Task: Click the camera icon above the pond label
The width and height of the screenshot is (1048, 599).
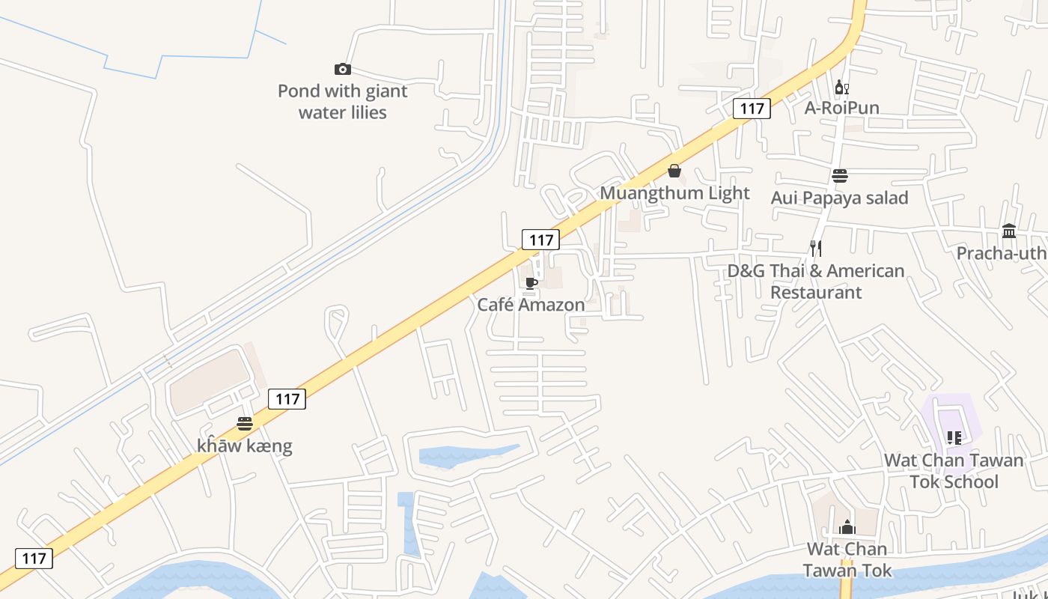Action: pyautogui.click(x=343, y=70)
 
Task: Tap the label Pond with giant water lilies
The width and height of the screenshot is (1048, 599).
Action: pyautogui.click(x=343, y=102)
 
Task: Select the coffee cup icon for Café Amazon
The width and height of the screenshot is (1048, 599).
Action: pyautogui.click(x=531, y=283)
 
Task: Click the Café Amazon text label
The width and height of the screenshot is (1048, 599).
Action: pyautogui.click(x=531, y=305)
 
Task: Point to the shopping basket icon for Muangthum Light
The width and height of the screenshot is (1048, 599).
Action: pyautogui.click(x=674, y=171)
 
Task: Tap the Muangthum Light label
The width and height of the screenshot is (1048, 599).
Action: pyautogui.click(x=674, y=193)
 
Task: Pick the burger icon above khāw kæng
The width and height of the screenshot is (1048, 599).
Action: pyautogui.click(x=245, y=424)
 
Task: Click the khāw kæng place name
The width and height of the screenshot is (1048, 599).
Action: pyautogui.click(x=245, y=446)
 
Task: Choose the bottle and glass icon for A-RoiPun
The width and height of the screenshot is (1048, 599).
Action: pyautogui.click(x=842, y=87)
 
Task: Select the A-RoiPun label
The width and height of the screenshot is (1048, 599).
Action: pyautogui.click(x=842, y=108)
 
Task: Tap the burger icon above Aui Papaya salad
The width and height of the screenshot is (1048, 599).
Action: pyautogui.click(x=840, y=176)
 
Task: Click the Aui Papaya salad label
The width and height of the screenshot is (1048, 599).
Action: pyautogui.click(x=840, y=198)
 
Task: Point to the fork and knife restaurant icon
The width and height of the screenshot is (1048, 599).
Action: pyautogui.click(x=816, y=249)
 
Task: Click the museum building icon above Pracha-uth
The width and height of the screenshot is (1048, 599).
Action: pyautogui.click(x=1009, y=231)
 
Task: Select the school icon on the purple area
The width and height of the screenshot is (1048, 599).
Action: pyautogui.click(x=954, y=437)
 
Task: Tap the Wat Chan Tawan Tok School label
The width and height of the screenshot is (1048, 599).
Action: pyautogui.click(x=954, y=470)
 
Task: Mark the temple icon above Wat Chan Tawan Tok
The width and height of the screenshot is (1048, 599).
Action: pyautogui.click(x=847, y=528)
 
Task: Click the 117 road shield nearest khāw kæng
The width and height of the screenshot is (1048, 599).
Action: pyautogui.click(x=287, y=399)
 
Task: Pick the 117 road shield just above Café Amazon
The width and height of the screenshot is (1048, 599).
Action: pyautogui.click(x=540, y=240)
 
